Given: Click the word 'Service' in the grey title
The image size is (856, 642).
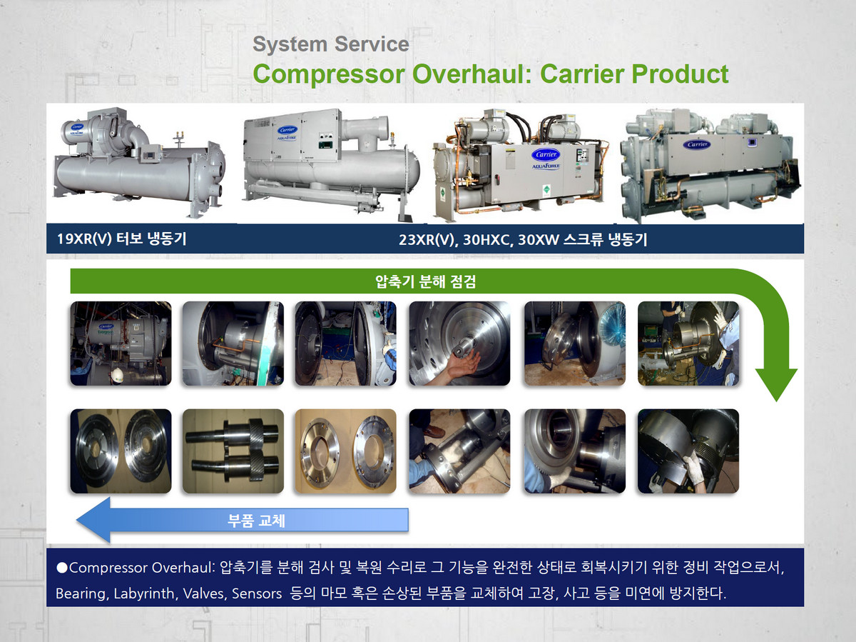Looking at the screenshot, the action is [372, 44].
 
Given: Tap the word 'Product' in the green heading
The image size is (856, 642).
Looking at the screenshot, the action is [680, 74].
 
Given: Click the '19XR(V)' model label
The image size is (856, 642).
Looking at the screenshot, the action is [85, 239].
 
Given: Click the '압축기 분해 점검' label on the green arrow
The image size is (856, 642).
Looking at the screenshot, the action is [425, 281].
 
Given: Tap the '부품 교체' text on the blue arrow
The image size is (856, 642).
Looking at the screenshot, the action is [256, 521].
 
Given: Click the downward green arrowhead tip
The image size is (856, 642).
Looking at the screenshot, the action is [776, 401].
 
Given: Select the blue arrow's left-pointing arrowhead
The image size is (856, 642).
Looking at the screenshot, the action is [93, 520].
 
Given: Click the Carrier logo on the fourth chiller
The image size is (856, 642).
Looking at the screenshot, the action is [698, 145].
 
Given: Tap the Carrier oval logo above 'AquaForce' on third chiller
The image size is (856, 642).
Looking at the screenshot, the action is [546, 154].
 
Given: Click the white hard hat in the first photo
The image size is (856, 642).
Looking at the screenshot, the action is [118, 375].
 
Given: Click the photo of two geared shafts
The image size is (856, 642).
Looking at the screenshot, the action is [233, 451].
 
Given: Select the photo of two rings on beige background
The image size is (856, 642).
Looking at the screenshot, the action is [345, 451].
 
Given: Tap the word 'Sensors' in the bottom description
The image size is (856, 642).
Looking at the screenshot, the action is [257, 593].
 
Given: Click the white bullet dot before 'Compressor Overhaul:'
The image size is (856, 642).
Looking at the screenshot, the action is [62, 568].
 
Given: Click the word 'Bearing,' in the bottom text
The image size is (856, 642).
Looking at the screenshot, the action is [83, 594].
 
